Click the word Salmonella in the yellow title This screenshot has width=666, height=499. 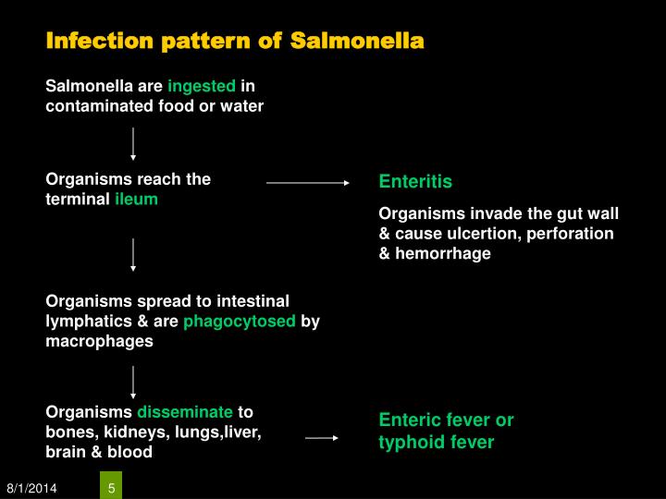pos(357,41)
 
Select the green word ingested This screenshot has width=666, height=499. pos(202,86)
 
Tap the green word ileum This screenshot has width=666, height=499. pos(136,199)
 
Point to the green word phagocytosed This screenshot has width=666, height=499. pos(240,322)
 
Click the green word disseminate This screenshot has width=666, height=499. pos(185,412)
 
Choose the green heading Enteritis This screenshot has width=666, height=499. pos(415,182)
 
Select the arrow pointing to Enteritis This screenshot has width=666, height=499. pos(308,183)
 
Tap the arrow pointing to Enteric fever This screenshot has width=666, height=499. pos(322,438)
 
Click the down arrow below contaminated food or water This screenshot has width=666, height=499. pos(133,143)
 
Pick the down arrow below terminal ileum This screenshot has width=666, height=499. pos(133,254)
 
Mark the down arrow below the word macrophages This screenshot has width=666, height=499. pos(133,382)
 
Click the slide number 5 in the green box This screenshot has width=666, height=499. pos(111,487)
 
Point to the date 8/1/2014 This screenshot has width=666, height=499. pos(31,488)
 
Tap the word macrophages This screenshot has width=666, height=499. pos(100,341)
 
